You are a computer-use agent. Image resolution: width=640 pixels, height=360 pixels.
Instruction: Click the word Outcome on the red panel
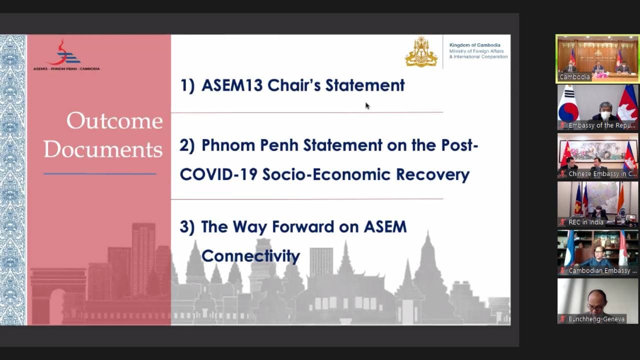coord(114,121)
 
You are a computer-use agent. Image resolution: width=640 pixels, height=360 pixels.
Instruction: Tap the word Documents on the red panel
coord(103,149)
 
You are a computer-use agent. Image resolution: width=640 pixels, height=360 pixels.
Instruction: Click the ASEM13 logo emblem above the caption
coord(65,52)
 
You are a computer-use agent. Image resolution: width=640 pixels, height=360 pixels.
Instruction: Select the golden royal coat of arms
coord(421,51)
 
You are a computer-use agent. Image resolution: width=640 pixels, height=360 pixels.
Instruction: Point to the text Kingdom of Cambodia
coord(475,45)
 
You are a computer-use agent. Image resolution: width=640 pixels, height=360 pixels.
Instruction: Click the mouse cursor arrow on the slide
coord(367,105)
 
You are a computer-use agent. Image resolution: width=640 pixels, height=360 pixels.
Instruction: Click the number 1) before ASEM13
coord(187,85)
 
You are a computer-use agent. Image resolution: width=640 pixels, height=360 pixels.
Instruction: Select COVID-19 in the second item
coord(218,174)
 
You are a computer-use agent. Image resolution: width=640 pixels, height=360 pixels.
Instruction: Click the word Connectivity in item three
coord(250,255)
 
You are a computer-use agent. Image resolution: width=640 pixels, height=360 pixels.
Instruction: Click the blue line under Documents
coord(100,173)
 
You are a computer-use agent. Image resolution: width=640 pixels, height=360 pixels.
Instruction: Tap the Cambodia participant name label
coord(574,77)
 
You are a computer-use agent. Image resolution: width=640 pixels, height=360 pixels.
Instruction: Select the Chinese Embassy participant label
coord(602,173)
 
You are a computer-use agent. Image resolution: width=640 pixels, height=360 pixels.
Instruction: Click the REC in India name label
coord(585,222)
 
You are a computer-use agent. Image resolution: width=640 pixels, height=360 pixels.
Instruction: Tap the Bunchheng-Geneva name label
coord(596,319)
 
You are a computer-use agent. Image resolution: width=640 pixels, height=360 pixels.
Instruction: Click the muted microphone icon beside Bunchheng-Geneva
coord(562,319)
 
